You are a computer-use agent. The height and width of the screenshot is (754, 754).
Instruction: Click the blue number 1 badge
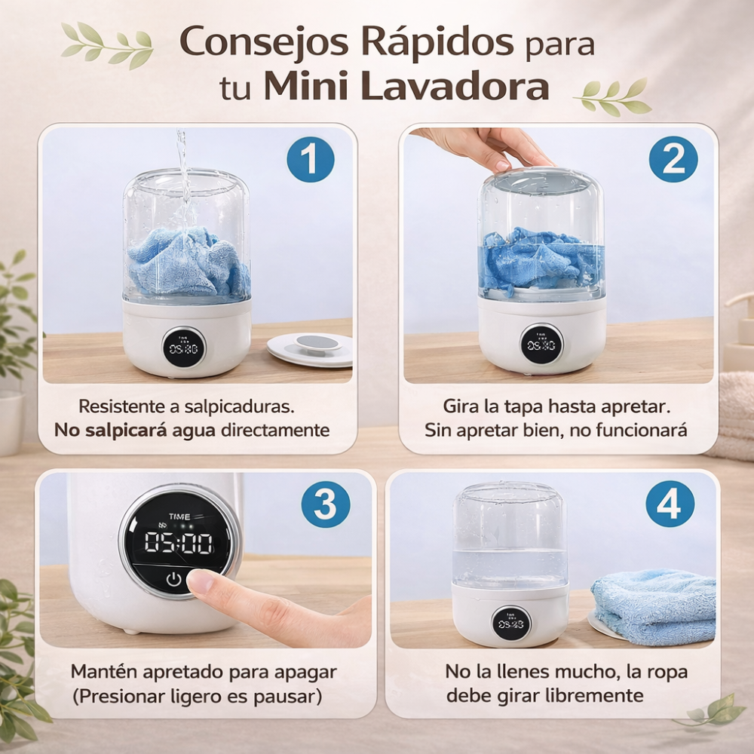[x=310, y=159]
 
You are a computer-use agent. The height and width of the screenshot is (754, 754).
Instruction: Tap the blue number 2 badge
[x=673, y=159]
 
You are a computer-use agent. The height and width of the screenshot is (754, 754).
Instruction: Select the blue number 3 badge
[x=326, y=504]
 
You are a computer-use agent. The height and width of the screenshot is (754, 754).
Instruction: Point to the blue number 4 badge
[x=670, y=504]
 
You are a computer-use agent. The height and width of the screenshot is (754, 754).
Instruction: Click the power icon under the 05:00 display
[x=174, y=580]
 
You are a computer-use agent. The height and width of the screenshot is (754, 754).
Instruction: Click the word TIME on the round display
[x=179, y=517]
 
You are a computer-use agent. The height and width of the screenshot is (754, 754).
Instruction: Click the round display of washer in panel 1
[x=184, y=348]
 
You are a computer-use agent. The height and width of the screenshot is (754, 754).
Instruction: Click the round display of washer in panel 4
[x=511, y=624]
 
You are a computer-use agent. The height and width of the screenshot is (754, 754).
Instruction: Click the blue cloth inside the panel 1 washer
[x=188, y=262]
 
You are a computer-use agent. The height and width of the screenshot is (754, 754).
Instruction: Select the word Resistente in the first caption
[x=123, y=406]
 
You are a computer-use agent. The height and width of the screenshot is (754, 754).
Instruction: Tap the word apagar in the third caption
[x=306, y=673]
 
